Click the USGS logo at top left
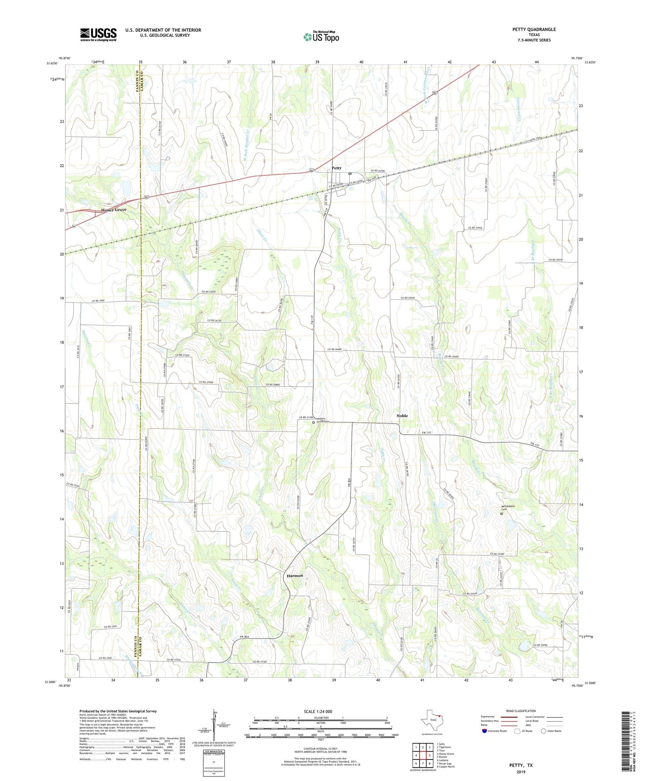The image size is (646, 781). coord(98,34)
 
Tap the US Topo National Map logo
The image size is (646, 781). coord(321,36)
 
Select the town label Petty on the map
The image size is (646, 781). coord(336,168)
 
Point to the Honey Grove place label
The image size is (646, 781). coord(114,210)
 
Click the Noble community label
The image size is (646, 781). coord(402,416)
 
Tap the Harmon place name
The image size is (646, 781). coord(295,576)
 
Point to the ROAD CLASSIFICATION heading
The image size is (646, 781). coord(521,711)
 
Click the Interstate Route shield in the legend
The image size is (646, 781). coord(486,731)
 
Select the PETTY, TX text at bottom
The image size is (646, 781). coord(521,765)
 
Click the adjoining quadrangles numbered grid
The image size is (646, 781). coord(422,756)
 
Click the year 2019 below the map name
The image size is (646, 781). coord(521,772)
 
